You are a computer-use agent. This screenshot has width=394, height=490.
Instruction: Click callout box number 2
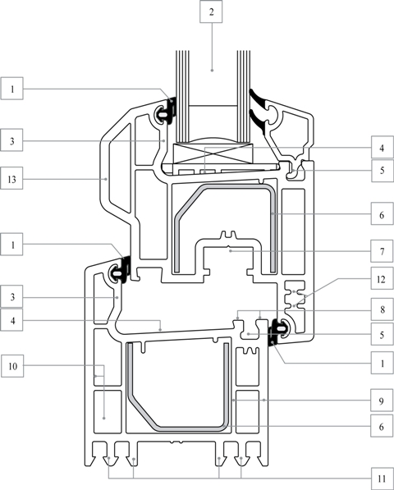pyautogui.click(x=211, y=11)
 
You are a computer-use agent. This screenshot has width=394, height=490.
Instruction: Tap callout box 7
pyautogui.click(x=382, y=251)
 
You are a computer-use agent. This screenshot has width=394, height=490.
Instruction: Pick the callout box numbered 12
pyautogui.click(x=382, y=278)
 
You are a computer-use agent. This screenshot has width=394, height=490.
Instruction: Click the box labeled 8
pyautogui.click(x=382, y=309)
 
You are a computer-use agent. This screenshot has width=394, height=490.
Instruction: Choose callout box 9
pyautogui.click(x=382, y=401)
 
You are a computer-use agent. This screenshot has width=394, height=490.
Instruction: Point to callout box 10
pyautogui.click(x=12, y=365)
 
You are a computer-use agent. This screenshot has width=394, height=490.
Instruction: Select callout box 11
pyautogui.click(x=382, y=479)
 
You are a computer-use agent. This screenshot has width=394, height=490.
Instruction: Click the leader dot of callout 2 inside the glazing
pyautogui.click(x=212, y=71)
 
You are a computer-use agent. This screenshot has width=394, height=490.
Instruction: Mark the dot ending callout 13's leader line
pyautogui.click(x=106, y=179)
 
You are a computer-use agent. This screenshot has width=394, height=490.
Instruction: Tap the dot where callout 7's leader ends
pyautogui.click(x=231, y=250)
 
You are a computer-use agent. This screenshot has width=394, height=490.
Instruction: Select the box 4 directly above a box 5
pyautogui.click(x=382, y=147)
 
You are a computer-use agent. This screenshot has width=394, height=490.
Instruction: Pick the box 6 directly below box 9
pyautogui.click(x=382, y=426)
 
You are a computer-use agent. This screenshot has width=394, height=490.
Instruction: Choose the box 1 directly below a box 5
pyautogui.click(x=382, y=363)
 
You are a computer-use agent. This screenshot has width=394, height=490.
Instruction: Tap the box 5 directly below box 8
pyautogui.click(x=382, y=334)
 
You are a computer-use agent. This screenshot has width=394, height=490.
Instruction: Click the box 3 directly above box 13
pyautogui.click(x=11, y=140)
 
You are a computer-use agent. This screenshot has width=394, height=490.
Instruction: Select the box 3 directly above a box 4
pyautogui.click(x=11, y=296)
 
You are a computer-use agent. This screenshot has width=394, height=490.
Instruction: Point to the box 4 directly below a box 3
pyautogui.click(x=11, y=319)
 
